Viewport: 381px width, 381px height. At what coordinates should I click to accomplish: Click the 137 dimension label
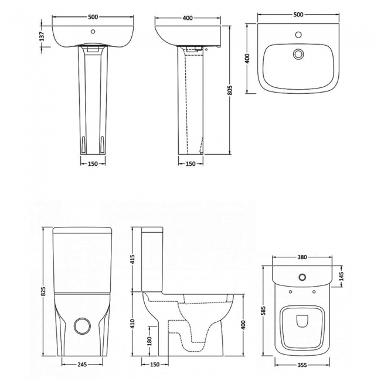pos(42,36)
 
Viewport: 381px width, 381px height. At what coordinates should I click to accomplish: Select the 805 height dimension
pos(230,89)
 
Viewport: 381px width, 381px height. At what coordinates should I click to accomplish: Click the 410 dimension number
pos(132,322)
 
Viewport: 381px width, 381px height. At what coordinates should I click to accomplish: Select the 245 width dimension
pos(82,365)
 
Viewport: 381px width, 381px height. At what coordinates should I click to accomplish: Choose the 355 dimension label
pos(303,365)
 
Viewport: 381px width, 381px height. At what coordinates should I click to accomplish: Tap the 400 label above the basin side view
pos(188,18)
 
